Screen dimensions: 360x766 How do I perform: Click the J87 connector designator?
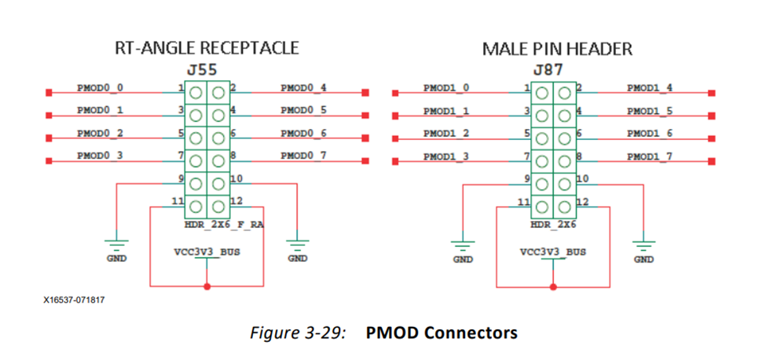click(548, 70)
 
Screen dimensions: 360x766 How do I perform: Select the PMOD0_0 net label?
click(100, 87)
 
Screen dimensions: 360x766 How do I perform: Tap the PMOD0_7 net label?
click(304, 156)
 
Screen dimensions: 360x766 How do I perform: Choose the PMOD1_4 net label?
click(650, 87)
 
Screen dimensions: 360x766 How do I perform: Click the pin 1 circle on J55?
click(196, 93)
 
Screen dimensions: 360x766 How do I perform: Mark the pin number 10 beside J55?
click(236, 178)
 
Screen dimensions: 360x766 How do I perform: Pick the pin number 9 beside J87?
click(526, 178)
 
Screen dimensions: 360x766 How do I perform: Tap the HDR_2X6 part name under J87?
click(553, 225)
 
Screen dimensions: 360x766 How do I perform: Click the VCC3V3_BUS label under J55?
click(206, 252)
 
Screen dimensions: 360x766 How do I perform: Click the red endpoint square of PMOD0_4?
click(365, 93)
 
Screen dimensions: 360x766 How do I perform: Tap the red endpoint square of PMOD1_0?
click(395, 93)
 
